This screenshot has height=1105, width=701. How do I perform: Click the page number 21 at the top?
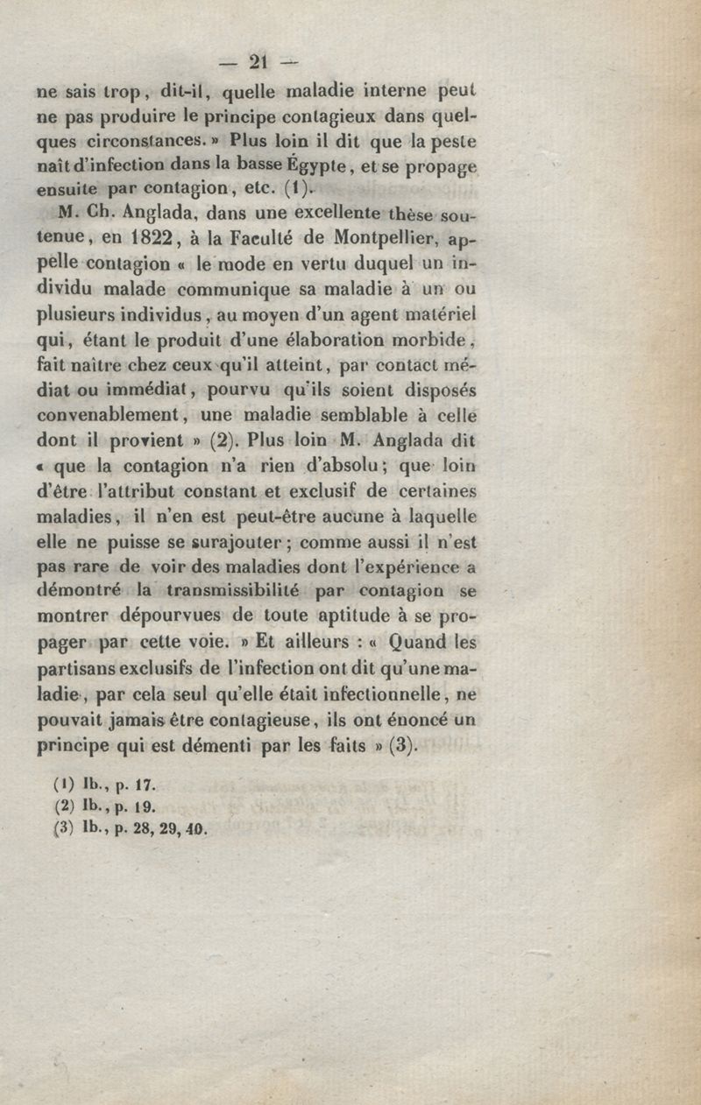click(x=257, y=62)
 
